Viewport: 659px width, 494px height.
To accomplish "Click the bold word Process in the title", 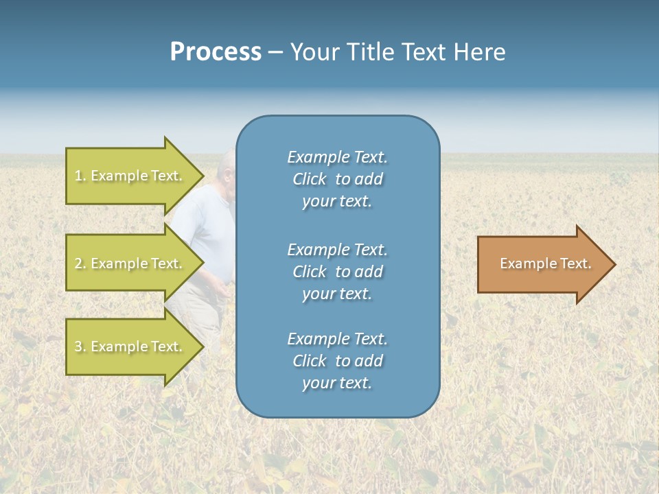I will click(216, 52).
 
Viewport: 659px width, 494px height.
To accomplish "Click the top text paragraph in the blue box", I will click(337, 179).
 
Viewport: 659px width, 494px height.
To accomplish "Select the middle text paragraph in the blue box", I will click(337, 272).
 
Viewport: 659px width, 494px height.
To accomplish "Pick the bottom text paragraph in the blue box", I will click(337, 361).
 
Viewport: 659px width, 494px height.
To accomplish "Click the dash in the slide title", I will click(275, 53).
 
